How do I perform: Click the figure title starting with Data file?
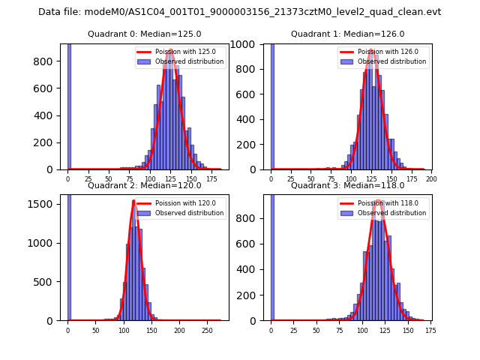pos(239,12)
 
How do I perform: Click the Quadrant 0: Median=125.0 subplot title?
pos(144,34)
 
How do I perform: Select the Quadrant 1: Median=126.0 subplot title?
pos(347,34)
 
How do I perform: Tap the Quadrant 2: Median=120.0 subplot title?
pos(144,185)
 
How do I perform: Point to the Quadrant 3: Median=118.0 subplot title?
pos(347,185)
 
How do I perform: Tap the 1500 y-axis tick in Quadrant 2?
pos(45,204)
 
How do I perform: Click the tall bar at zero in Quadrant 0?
pos(69,105)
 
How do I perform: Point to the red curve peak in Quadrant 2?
pos(133,201)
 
